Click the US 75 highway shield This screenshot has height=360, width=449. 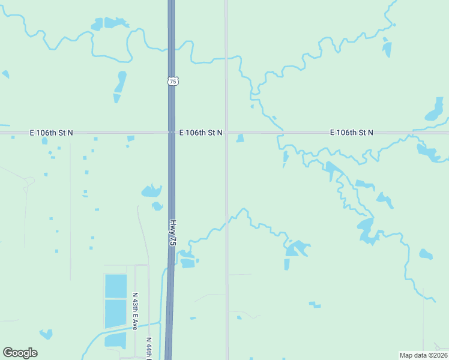click(173, 80)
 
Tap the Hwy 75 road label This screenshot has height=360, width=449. click(173, 232)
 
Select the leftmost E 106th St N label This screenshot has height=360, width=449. click(51, 132)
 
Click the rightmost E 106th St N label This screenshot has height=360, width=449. click(351, 132)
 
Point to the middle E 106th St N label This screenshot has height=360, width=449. click(200, 132)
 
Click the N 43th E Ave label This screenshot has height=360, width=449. click(135, 311)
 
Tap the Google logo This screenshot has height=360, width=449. click(20, 353)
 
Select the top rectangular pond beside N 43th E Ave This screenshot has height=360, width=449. click(116, 286)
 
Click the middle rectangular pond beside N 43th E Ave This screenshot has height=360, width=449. click(116, 314)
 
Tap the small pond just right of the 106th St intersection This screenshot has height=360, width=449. click(240, 139)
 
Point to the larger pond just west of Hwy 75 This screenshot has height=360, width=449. click(151, 191)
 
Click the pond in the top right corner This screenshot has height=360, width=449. click(387, 49)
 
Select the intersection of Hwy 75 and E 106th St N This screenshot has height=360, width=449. click(171, 132)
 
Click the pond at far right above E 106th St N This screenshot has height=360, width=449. click(435, 110)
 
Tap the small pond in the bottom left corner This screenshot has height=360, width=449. click(46, 334)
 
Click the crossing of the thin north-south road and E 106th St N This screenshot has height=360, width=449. click(226, 132)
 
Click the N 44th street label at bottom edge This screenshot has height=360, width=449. click(149, 347)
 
